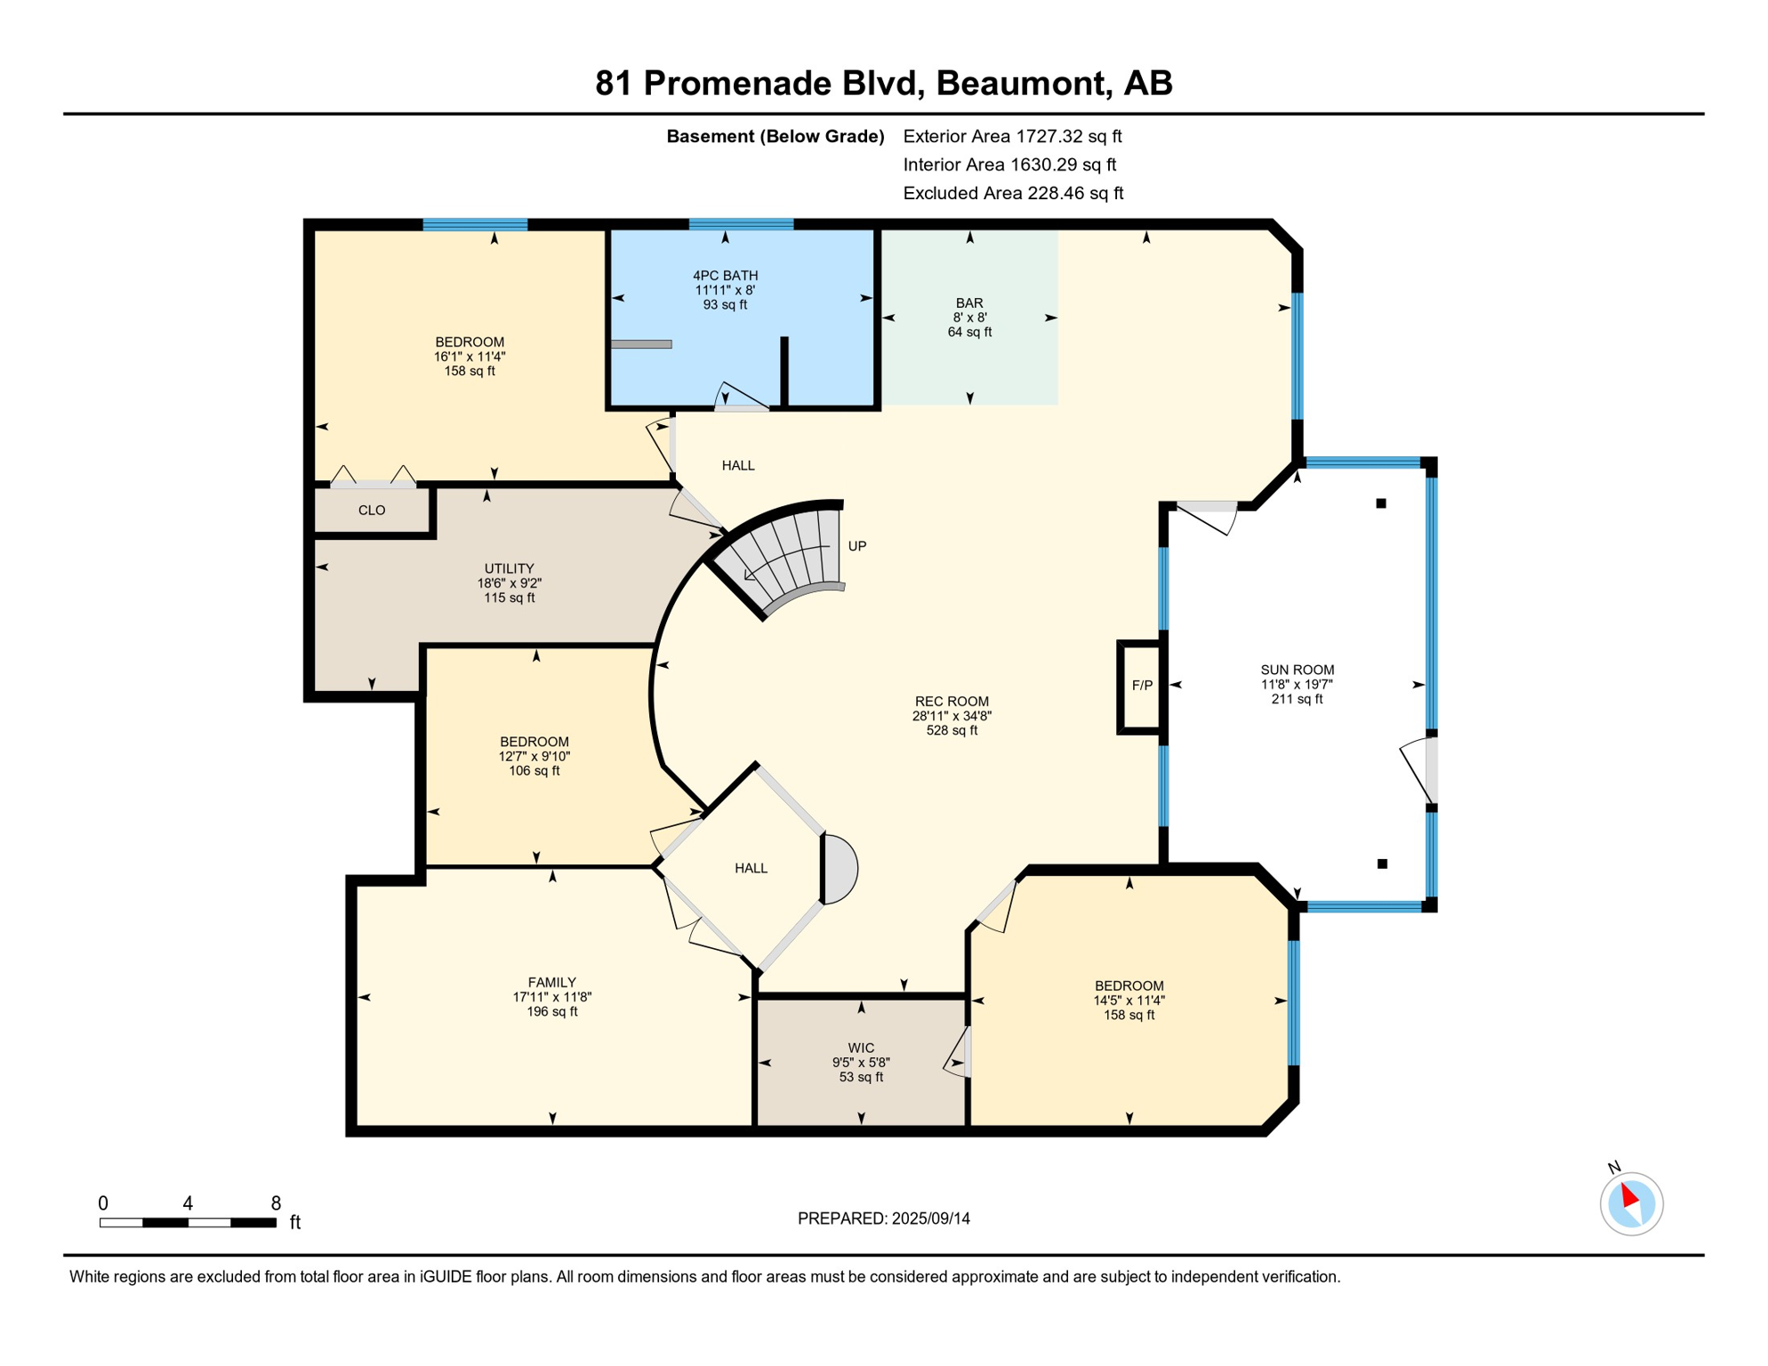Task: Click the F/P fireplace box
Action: click(1141, 686)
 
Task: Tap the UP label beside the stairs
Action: click(856, 546)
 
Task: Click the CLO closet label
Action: click(372, 510)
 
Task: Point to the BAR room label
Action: click(968, 303)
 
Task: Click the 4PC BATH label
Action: click(725, 276)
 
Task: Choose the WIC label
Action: click(861, 1048)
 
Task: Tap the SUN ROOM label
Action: click(1297, 670)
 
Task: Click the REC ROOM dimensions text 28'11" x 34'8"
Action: click(952, 716)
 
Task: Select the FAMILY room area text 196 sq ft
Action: click(551, 1011)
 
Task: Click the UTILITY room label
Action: click(509, 568)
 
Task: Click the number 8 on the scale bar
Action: click(276, 1203)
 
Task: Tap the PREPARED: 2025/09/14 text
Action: click(883, 1218)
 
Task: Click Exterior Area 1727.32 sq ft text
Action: click(1011, 136)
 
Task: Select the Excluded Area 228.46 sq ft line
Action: click(1012, 193)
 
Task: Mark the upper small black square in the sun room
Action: click(1381, 503)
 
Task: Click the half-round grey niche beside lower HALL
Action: click(840, 869)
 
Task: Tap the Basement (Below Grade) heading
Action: click(775, 136)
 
